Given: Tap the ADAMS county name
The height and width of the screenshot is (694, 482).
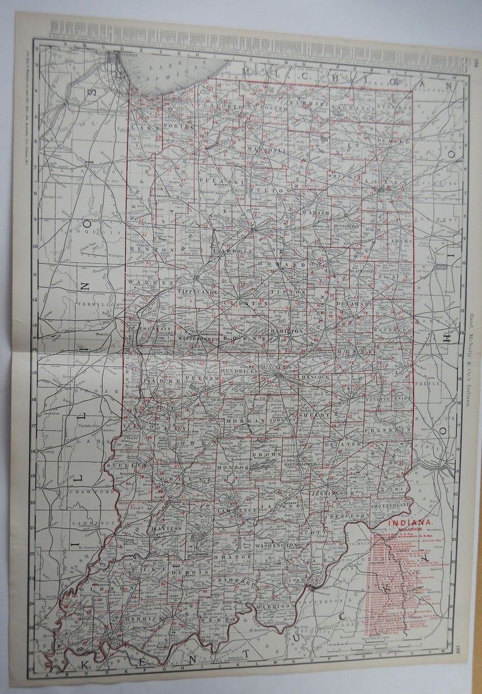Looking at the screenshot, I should pos(400,241).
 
